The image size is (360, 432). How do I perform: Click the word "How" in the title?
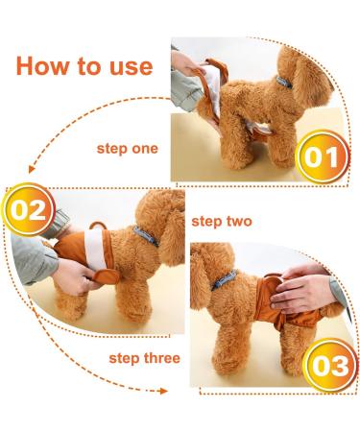click(39, 66)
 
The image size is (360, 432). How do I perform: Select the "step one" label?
click(127, 149)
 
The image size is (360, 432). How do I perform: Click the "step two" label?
click(222, 222)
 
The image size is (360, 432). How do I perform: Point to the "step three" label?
click(144, 358)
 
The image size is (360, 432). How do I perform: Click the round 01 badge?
click(322, 156)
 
